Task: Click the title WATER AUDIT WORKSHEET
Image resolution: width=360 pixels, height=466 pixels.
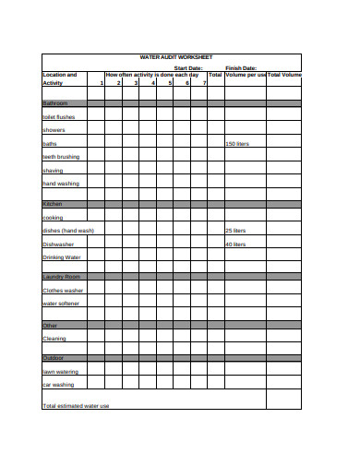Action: (175, 57)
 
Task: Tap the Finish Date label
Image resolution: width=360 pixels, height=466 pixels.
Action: (241, 67)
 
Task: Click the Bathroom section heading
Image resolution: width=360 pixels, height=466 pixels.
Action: (54, 103)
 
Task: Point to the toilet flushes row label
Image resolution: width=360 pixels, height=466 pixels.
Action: (59, 117)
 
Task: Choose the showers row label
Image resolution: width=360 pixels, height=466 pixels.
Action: (54, 130)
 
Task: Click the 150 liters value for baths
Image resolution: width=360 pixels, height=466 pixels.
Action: (237, 144)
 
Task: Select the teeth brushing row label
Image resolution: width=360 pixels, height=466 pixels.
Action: (61, 157)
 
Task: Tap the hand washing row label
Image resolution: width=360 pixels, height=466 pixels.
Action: (61, 184)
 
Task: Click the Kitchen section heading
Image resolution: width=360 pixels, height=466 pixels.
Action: (52, 204)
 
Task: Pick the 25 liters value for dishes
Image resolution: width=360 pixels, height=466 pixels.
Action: (235, 231)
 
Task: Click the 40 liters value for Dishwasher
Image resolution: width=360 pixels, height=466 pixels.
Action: (235, 245)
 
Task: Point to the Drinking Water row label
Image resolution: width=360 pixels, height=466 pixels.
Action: (62, 257)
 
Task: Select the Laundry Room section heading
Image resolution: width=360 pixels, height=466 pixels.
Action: (62, 277)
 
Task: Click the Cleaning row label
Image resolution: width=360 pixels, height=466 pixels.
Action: (54, 339)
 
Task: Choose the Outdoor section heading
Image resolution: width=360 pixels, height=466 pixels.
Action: (53, 358)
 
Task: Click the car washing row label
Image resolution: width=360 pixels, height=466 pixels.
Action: (58, 385)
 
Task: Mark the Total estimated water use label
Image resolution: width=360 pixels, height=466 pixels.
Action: (76, 406)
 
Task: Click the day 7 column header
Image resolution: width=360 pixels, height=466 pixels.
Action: (204, 83)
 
